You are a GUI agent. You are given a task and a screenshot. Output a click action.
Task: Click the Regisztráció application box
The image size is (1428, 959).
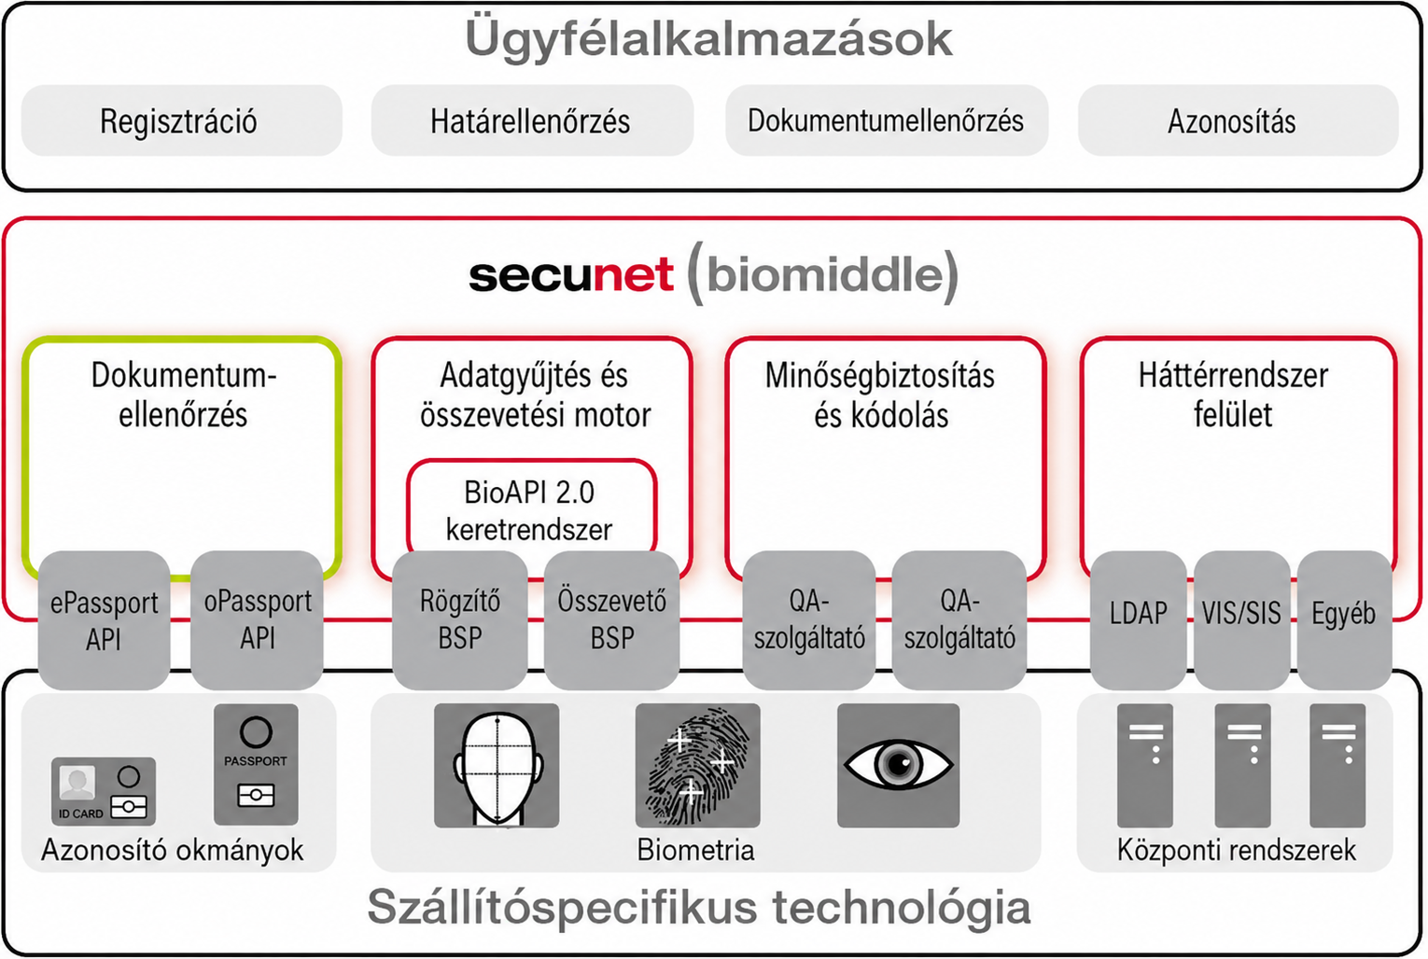click(182, 120)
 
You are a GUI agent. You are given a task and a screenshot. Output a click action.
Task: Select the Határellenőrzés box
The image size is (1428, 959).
click(532, 120)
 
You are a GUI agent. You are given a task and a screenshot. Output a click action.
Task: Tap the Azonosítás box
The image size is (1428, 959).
click(1238, 120)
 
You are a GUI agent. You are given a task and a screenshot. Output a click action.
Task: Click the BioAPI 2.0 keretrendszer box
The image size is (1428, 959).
click(531, 507)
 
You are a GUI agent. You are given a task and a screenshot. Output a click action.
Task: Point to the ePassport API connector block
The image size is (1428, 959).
click(104, 620)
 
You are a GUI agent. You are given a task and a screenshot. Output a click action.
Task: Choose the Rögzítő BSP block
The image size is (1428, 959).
click(459, 620)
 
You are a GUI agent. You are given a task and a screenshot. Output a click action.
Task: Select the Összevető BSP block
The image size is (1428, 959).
click(611, 620)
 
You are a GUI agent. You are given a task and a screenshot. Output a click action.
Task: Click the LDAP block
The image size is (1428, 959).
click(1138, 620)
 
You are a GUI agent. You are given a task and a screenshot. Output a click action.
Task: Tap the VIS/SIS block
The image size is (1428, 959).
click(1241, 620)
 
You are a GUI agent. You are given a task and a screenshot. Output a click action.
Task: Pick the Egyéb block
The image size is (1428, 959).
click(1344, 620)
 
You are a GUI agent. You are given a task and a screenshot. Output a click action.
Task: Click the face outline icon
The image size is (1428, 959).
click(497, 765)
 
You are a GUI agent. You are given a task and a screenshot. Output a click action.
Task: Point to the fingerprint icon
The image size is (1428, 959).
click(697, 765)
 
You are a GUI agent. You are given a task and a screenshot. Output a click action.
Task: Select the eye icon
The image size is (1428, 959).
click(898, 765)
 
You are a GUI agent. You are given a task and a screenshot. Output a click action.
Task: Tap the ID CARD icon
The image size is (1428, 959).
click(104, 791)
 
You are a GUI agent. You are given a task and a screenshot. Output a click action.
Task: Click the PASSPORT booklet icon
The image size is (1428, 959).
click(256, 764)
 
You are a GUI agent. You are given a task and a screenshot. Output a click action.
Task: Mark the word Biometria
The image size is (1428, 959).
click(695, 850)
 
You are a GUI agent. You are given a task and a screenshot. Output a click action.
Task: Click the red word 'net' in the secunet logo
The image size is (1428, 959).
click(633, 274)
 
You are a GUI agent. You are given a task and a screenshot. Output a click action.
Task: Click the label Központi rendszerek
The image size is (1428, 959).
click(1237, 850)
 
